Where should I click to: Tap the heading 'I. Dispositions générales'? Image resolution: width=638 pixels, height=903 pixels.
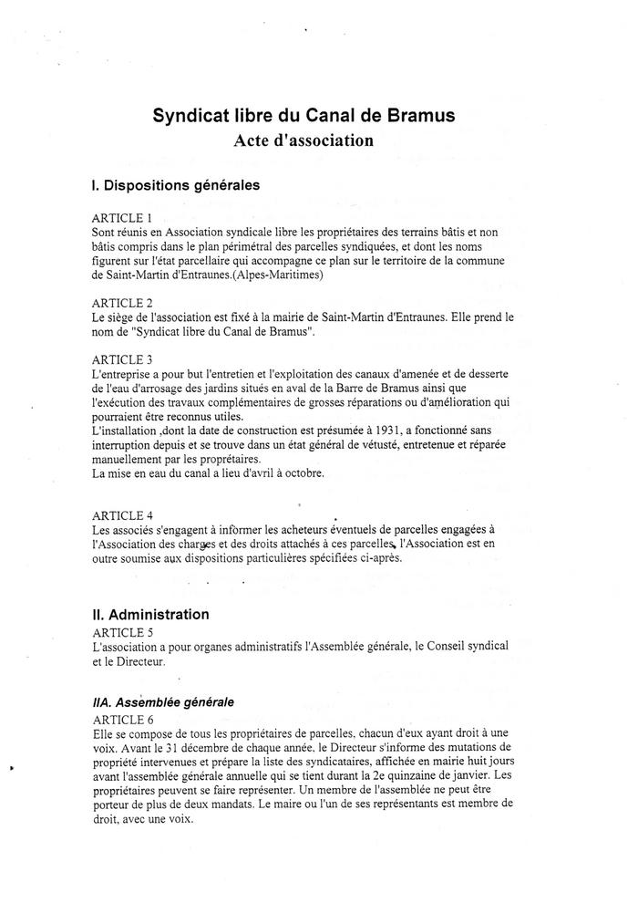tap(176, 185)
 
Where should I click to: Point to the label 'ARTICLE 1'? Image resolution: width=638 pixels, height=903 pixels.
tap(122, 219)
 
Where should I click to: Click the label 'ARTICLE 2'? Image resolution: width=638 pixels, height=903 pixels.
tap(122, 303)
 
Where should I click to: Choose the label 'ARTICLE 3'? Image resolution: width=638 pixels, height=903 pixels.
tap(122, 359)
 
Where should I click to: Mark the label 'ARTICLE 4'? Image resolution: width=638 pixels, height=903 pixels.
tap(122, 515)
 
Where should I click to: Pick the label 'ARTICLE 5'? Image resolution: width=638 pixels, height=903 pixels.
tap(122, 631)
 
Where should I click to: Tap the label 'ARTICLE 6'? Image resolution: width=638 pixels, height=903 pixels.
tap(122, 719)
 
